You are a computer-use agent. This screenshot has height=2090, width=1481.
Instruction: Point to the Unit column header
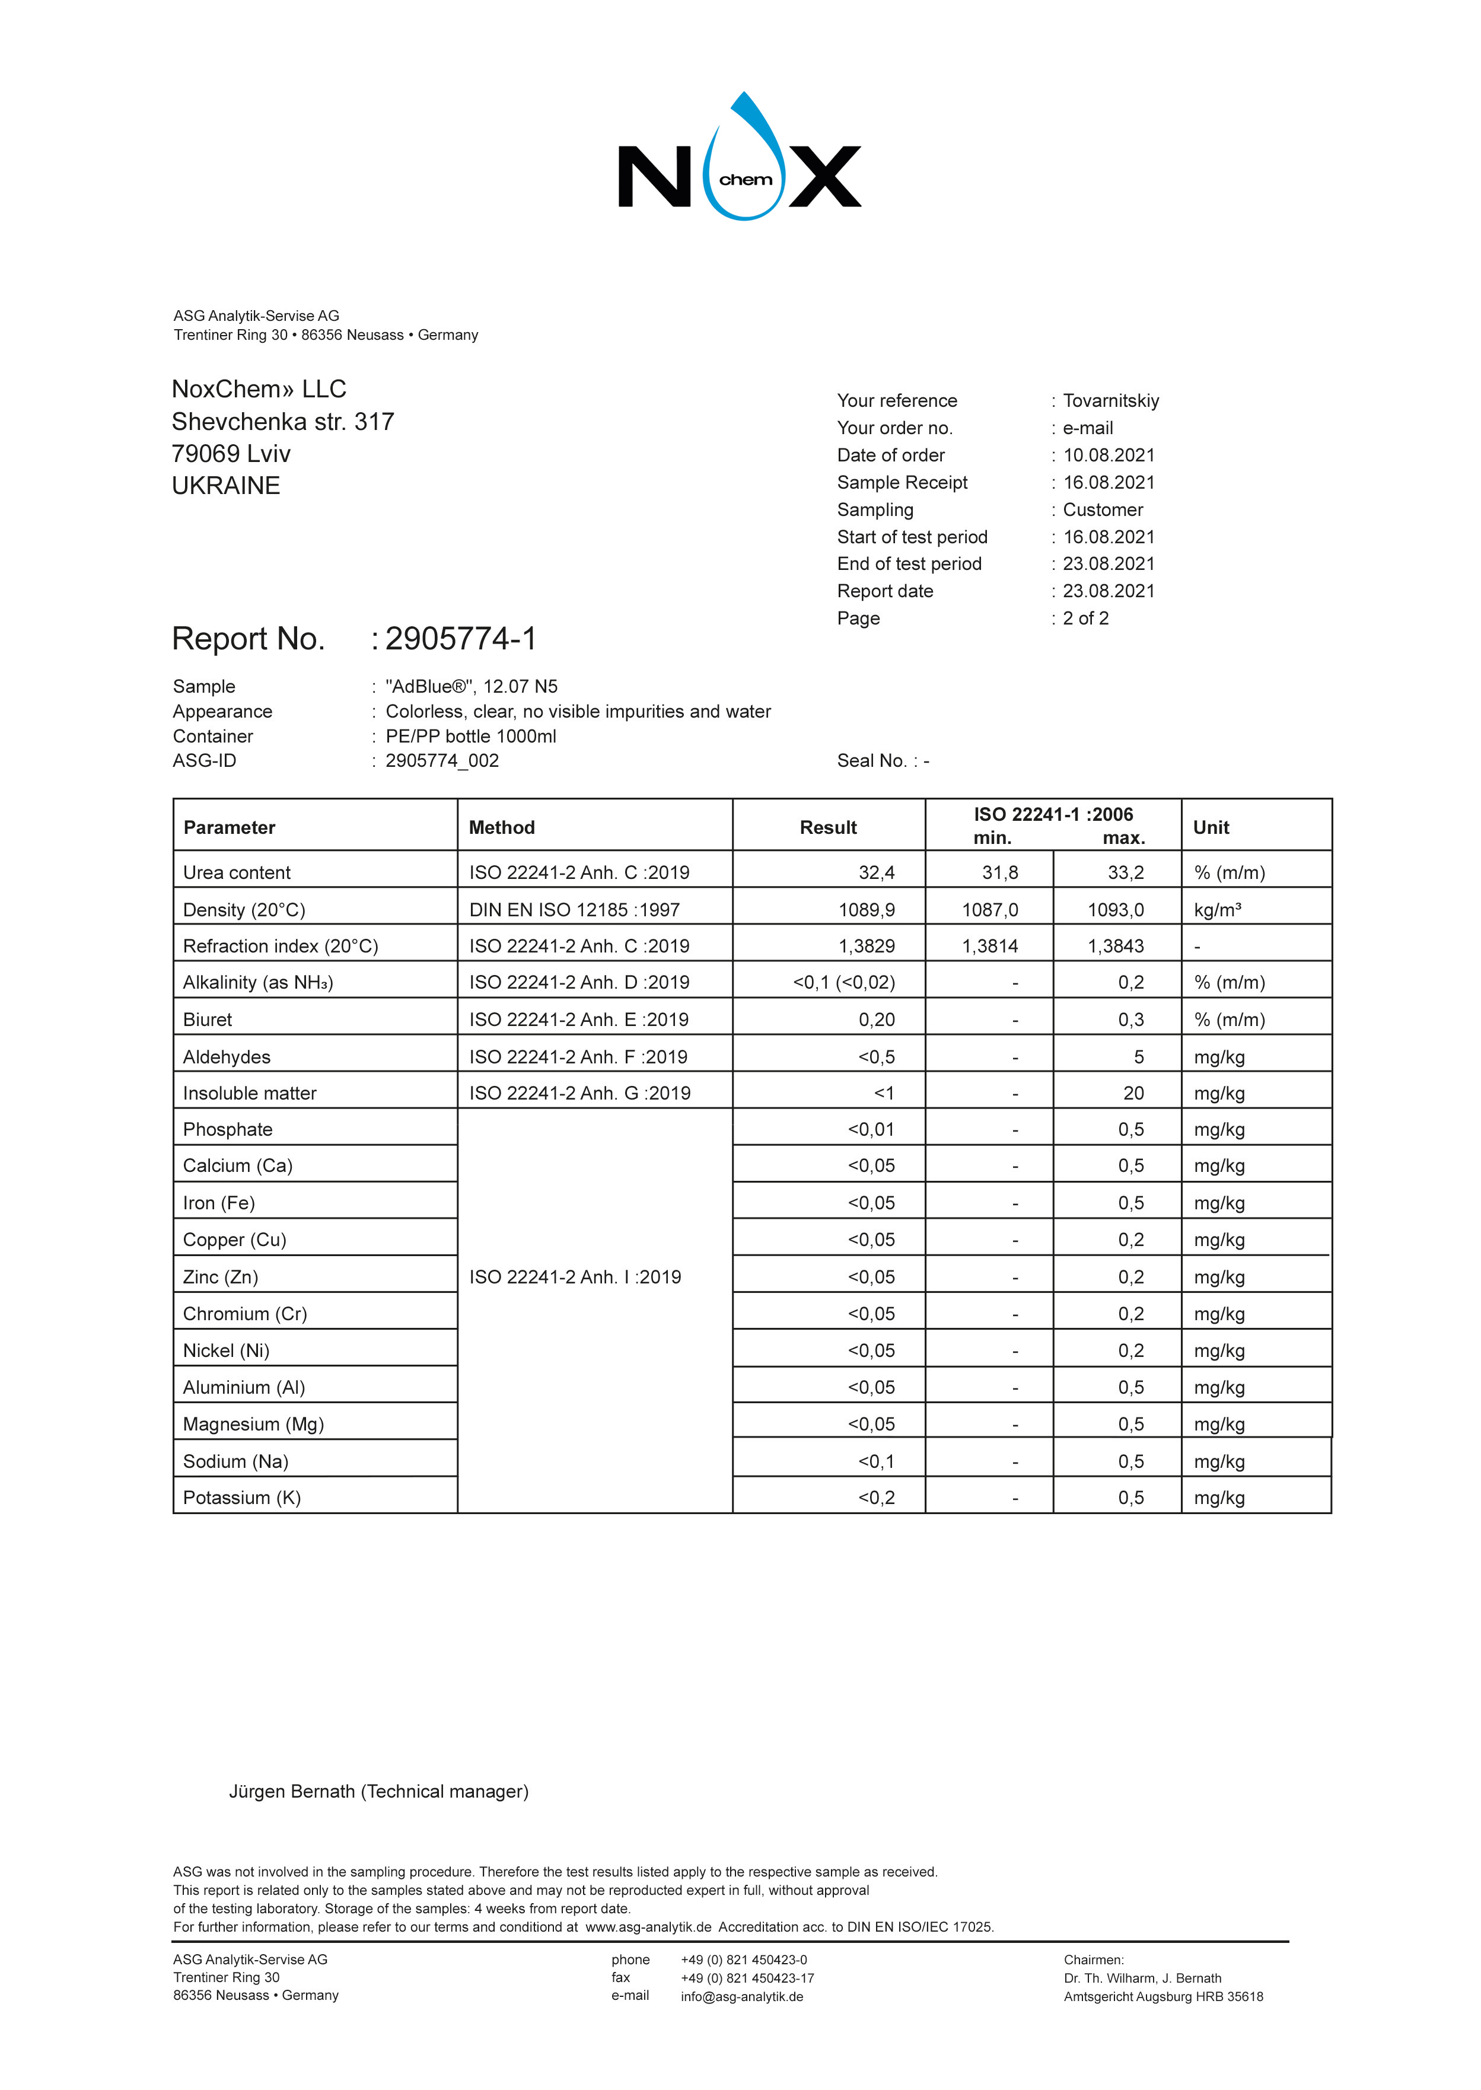[x=1211, y=828]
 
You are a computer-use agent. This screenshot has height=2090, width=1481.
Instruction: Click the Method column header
[x=502, y=828]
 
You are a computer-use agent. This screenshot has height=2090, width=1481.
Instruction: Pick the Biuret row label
[x=208, y=1019]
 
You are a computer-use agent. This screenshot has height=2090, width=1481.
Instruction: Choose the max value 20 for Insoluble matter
[x=1133, y=1093]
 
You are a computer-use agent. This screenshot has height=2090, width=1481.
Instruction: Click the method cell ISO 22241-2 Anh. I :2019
[x=575, y=1277]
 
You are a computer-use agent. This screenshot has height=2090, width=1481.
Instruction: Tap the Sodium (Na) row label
[x=235, y=1462]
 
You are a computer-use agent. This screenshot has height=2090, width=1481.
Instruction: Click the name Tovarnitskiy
[x=1111, y=402]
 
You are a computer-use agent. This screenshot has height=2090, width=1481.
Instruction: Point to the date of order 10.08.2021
[x=1109, y=455]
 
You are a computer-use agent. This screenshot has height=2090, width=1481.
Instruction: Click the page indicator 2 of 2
[x=1085, y=618]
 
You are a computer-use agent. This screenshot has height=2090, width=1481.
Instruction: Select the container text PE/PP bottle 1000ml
[x=470, y=737]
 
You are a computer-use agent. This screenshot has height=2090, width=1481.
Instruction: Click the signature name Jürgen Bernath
[x=292, y=1792]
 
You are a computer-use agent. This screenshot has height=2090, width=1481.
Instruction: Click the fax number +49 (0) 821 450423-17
[x=747, y=1978]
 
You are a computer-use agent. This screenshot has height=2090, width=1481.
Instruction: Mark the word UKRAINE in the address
[x=226, y=486]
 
